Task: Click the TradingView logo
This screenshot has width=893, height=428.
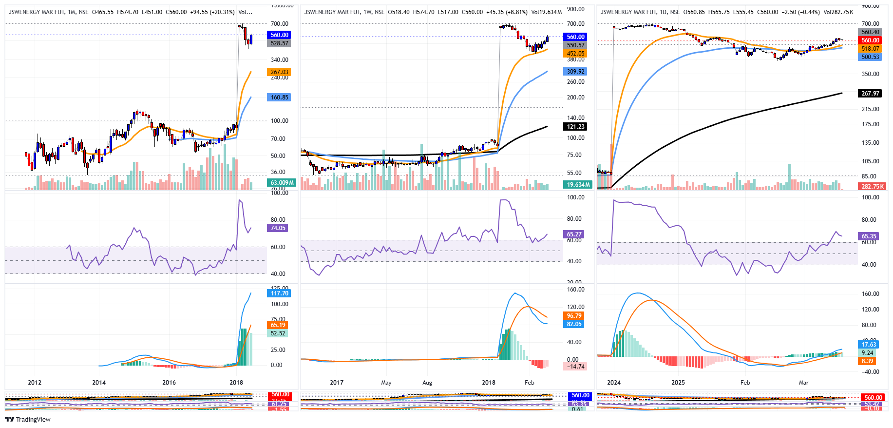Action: (x=27, y=419)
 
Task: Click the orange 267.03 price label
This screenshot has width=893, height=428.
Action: (x=279, y=72)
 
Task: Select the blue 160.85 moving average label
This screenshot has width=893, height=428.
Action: (x=279, y=97)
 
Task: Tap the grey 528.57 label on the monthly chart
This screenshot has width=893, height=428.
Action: (x=279, y=43)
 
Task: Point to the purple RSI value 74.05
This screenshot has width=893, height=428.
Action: (x=278, y=228)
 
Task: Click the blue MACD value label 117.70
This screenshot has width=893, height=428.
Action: (x=279, y=293)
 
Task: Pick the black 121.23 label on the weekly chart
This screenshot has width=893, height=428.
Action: (x=575, y=127)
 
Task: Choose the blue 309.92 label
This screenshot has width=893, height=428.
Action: (x=575, y=72)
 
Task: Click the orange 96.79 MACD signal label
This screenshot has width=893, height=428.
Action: (x=574, y=316)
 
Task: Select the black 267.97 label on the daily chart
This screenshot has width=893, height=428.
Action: (x=870, y=94)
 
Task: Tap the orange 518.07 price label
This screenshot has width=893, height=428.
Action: (x=870, y=49)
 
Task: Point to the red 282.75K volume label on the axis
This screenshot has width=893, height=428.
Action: (x=872, y=187)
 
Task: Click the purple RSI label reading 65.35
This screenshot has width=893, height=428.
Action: (x=869, y=236)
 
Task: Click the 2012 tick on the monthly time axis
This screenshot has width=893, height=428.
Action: (x=35, y=383)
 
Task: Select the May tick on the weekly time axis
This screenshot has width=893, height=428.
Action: (x=386, y=383)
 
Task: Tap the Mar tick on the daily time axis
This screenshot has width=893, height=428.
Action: (x=803, y=383)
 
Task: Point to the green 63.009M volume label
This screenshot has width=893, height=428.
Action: (x=282, y=183)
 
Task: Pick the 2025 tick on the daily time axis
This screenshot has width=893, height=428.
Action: (x=678, y=383)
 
